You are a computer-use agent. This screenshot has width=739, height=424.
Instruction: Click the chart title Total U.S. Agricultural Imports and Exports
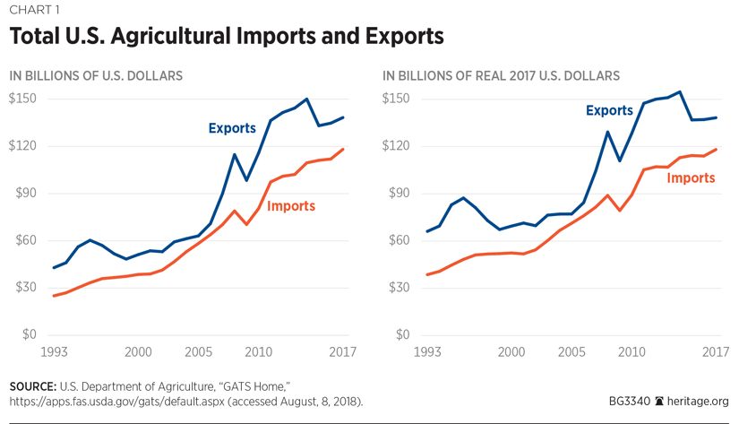[x=226, y=38]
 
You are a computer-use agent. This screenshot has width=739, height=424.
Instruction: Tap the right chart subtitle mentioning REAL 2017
[x=501, y=76]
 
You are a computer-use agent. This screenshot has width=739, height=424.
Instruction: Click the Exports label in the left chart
[x=232, y=128]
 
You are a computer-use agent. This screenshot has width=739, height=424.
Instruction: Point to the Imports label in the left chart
[x=291, y=206]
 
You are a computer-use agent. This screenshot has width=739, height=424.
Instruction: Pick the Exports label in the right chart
[x=609, y=111]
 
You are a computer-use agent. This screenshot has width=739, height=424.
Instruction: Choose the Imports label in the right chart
[x=691, y=177]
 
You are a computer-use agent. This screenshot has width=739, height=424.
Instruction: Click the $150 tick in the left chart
[x=22, y=99]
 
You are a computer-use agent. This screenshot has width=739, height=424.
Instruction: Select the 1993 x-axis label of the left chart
[x=54, y=351]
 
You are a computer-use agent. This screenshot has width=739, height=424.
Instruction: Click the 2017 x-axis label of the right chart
[x=714, y=351]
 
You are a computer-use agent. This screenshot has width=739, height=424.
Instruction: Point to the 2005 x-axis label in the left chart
[x=198, y=351]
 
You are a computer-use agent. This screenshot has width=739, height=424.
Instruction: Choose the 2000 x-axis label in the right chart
[x=512, y=351]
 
